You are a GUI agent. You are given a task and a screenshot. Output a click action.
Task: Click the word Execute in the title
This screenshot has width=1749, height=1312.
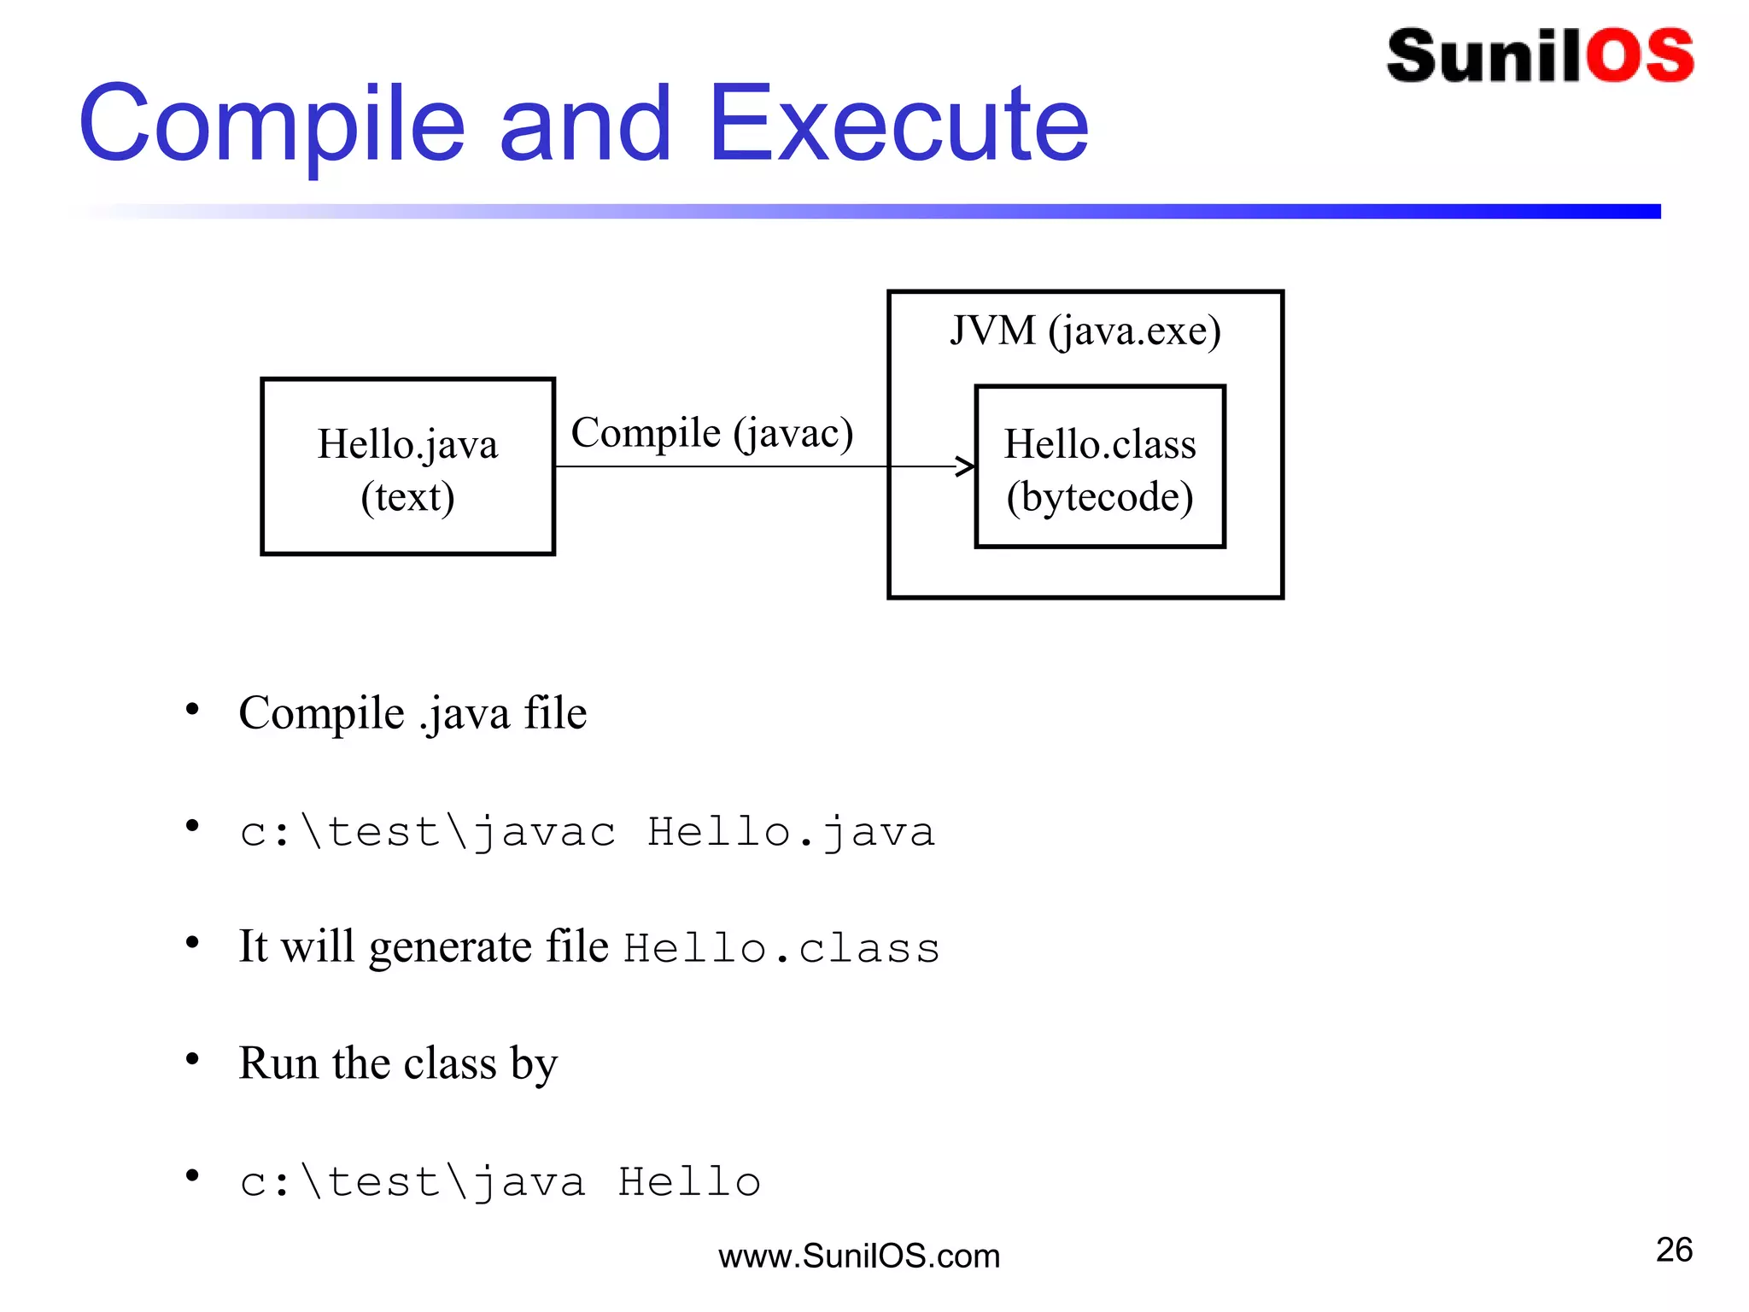point(898,125)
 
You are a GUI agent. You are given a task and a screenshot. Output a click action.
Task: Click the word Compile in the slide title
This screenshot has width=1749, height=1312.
point(272,125)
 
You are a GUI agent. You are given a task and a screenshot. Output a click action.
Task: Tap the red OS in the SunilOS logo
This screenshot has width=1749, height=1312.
point(1640,56)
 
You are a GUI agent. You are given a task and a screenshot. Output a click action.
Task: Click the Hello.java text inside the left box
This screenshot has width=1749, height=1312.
point(407,445)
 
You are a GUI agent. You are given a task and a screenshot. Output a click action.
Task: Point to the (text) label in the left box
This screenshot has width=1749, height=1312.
point(407,497)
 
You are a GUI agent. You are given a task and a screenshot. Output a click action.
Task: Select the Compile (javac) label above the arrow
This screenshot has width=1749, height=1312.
point(711,433)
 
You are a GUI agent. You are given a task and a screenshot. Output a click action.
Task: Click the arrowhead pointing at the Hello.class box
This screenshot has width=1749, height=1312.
point(965,466)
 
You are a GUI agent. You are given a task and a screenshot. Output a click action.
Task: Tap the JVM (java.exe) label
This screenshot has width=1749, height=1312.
point(1085,331)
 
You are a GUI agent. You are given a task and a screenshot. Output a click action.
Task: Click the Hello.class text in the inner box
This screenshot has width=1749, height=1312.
point(1100,445)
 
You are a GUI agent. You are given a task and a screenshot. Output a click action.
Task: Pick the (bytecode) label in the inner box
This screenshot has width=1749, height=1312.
point(1100,497)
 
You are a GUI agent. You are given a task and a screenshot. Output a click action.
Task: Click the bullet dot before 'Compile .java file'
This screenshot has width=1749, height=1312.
point(192,709)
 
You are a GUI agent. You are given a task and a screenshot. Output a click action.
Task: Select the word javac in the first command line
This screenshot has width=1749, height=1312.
point(544,832)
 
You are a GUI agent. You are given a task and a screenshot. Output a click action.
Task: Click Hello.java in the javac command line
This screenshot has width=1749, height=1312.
point(791,832)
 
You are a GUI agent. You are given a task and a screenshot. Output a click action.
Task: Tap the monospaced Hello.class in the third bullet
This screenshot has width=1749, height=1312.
point(781,948)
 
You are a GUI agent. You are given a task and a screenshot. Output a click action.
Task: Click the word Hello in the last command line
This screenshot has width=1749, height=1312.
point(689,1182)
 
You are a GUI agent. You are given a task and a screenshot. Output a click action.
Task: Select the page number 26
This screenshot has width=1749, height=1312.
point(1674,1250)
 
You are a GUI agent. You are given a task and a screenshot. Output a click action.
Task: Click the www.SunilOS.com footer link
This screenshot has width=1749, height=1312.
point(859,1256)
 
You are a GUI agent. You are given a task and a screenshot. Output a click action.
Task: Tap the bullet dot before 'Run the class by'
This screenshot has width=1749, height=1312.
point(192,1059)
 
